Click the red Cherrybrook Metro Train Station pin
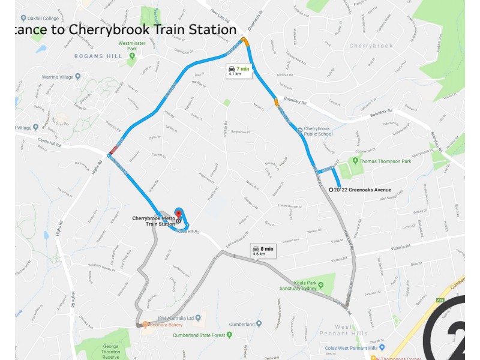(178, 214)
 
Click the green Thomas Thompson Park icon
(355, 160)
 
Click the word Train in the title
(158, 29)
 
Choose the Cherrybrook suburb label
(371, 46)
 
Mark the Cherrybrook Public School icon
(299, 129)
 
